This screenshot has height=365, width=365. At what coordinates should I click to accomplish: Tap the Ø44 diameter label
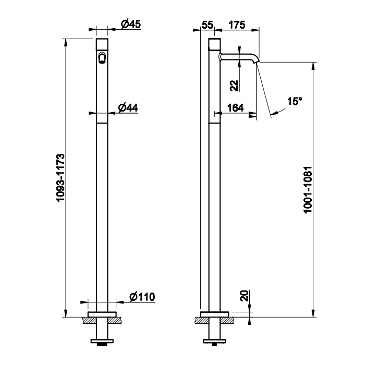(x=128, y=107)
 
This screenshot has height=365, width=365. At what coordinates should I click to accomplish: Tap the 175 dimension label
(x=236, y=24)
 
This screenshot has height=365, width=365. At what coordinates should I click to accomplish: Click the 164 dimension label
(x=236, y=108)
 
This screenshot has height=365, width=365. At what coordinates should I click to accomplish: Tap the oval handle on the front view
(x=103, y=58)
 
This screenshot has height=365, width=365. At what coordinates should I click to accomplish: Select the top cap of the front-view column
(x=103, y=43)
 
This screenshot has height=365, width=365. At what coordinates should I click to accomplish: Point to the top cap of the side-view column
(x=214, y=43)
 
